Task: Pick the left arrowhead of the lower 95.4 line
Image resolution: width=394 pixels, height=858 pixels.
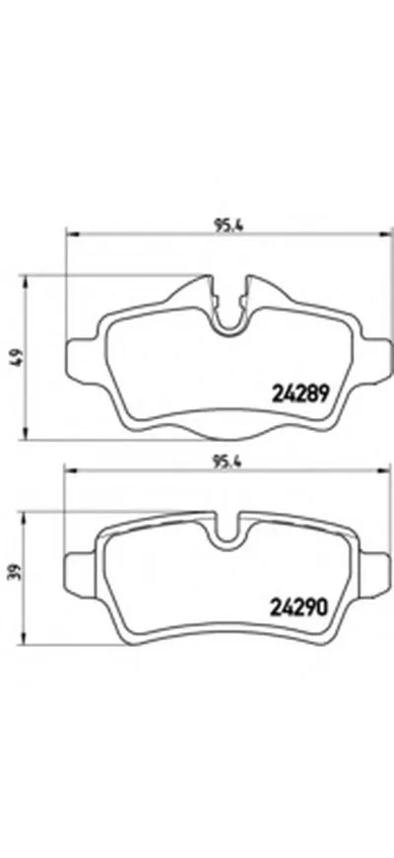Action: point(69,470)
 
